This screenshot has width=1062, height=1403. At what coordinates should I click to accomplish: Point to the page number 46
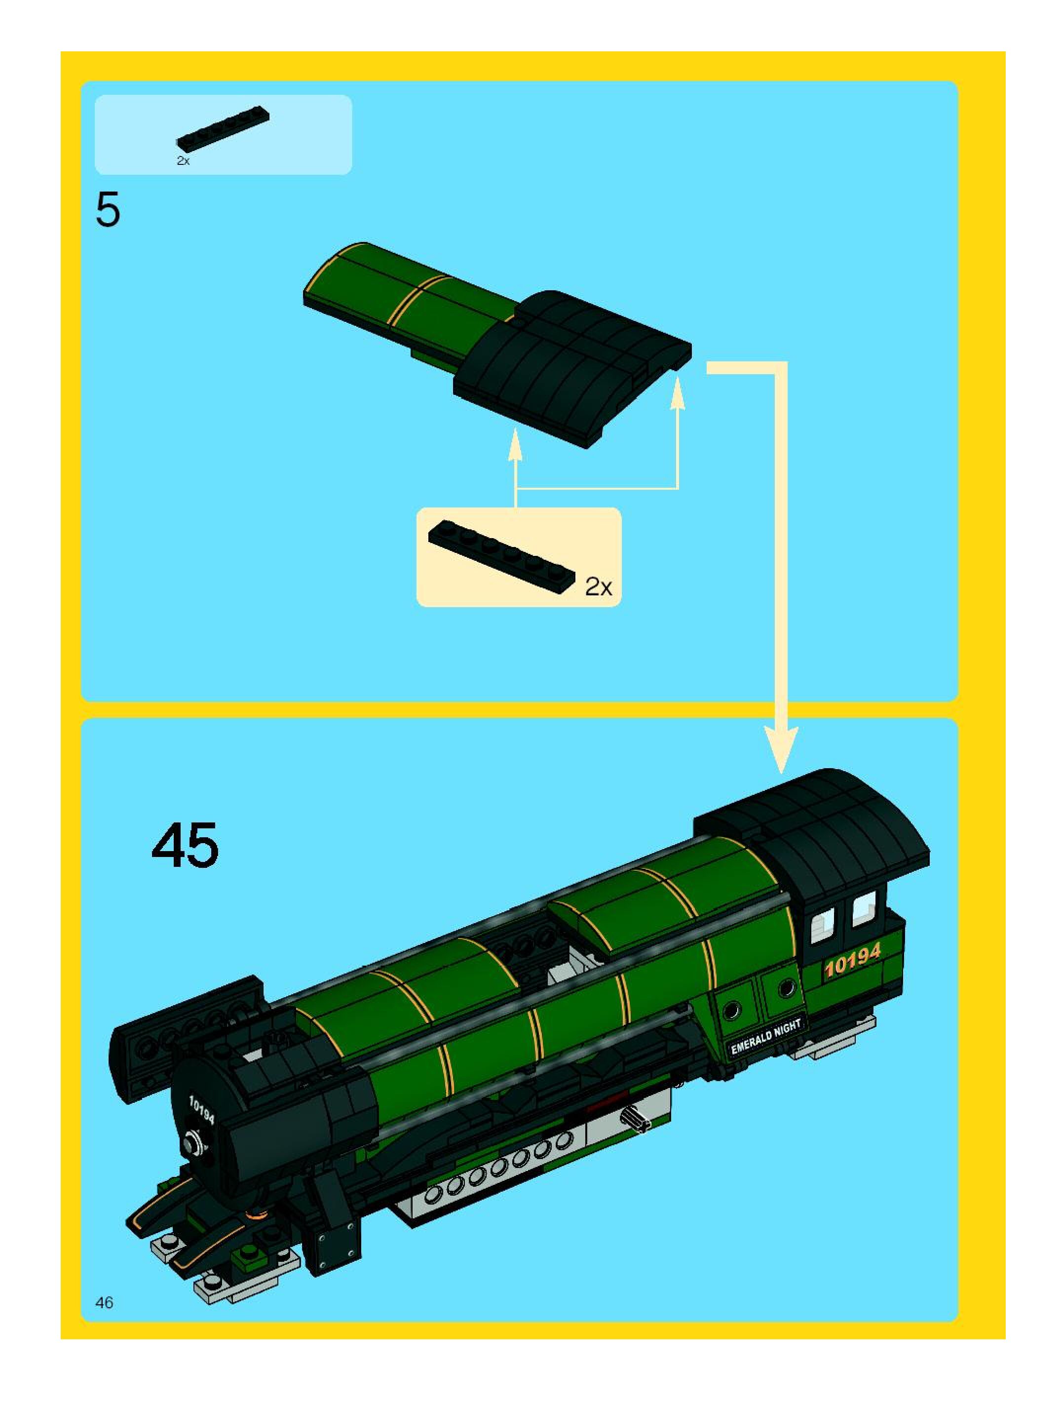104,1302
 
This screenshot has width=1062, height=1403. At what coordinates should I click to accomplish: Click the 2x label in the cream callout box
598,586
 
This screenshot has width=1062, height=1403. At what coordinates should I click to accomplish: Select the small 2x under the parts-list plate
183,161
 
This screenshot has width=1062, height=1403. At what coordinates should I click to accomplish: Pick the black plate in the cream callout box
501,556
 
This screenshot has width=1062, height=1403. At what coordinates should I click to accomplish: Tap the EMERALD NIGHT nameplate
766,1036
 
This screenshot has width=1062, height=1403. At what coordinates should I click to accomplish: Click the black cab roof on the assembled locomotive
824,824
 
